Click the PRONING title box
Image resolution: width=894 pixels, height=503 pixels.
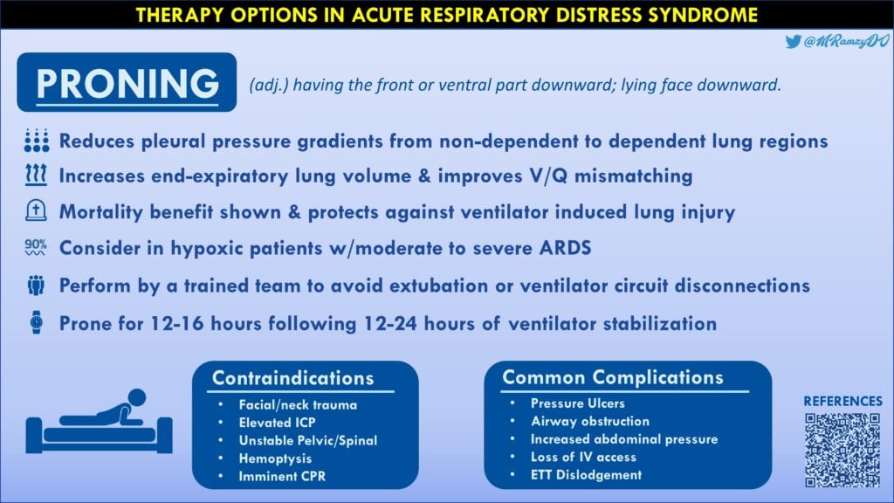click(127, 82)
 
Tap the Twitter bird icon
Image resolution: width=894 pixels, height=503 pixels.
click(793, 42)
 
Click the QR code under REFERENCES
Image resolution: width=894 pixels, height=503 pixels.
click(842, 449)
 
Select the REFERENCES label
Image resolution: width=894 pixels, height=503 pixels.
click(842, 401)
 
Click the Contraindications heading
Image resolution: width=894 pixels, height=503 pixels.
click(293, 378)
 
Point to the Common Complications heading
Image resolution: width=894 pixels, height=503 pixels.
click(612, 377)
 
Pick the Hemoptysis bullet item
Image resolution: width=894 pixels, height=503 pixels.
click(276, 458)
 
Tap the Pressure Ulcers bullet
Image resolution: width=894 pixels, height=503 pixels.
click(577, 403)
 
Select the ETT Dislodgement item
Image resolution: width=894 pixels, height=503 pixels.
click(586, 475)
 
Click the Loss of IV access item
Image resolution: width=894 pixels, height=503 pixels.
click(583, 457)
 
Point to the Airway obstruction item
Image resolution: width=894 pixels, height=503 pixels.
click(589, 421)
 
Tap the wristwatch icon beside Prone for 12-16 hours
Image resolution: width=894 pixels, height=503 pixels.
click(35, 322)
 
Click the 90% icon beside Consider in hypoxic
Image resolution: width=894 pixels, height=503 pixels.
click(35, 248)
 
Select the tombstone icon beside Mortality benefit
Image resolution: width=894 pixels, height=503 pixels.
click(35, 211)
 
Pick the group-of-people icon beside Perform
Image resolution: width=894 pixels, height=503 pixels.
click(35, 286)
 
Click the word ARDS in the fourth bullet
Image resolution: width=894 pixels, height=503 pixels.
click(563, 248)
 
